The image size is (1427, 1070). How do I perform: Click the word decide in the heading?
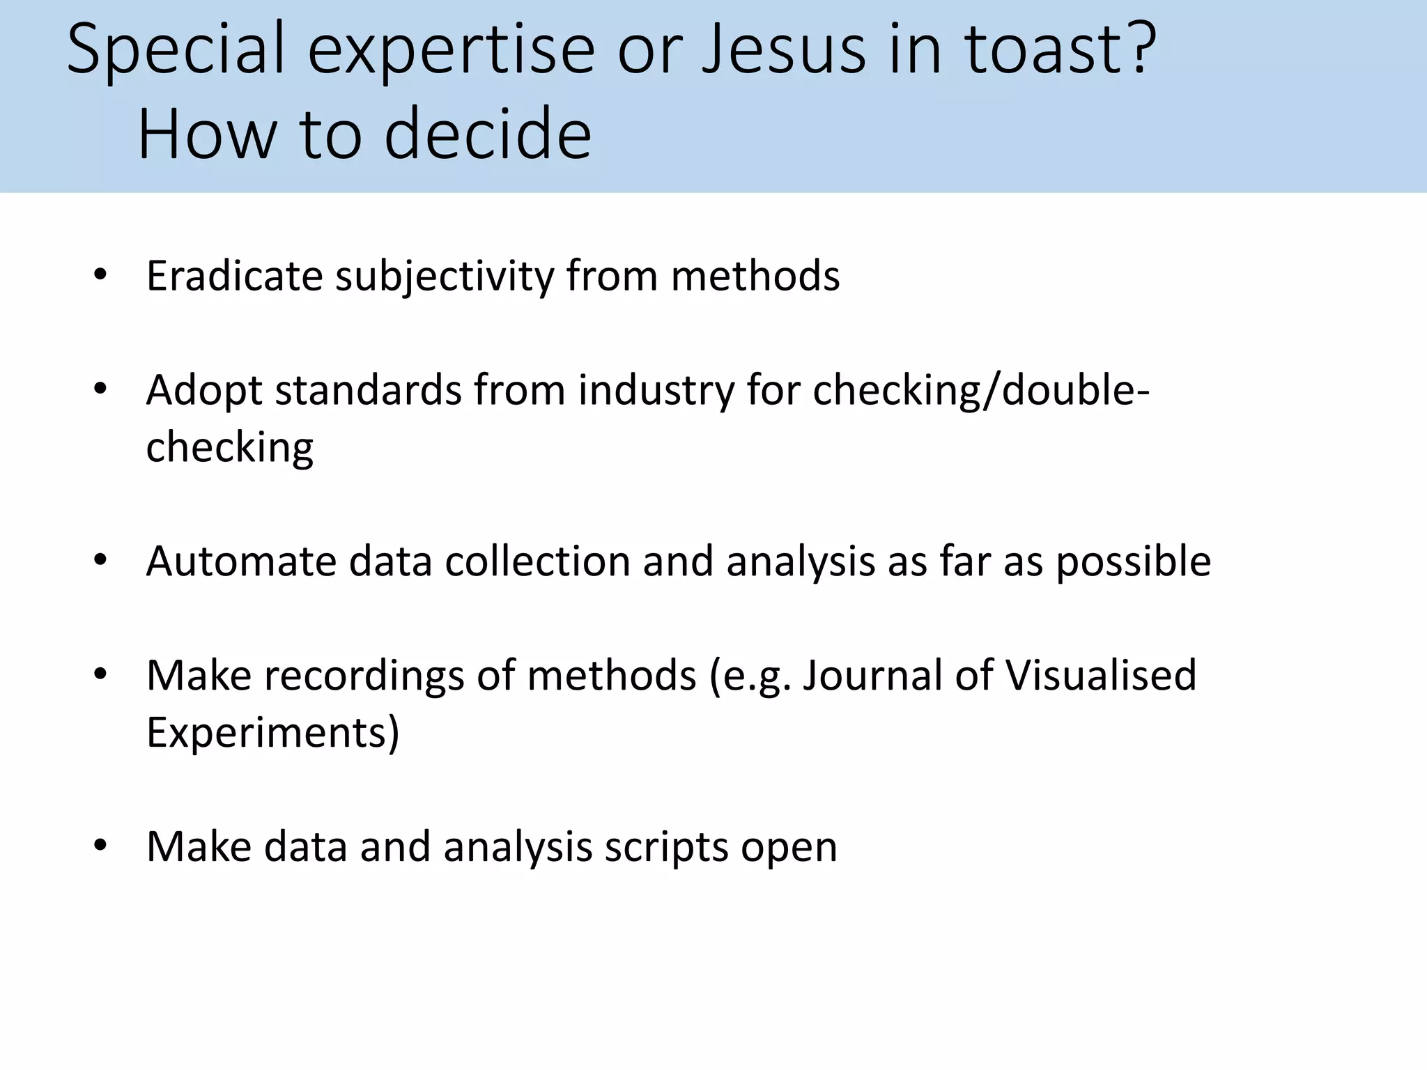487,134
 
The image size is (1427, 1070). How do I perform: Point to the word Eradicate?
234,276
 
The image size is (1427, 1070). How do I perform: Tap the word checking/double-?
981,390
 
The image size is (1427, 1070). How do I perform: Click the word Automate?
241,561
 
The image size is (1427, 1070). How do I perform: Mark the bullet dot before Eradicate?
100,275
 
